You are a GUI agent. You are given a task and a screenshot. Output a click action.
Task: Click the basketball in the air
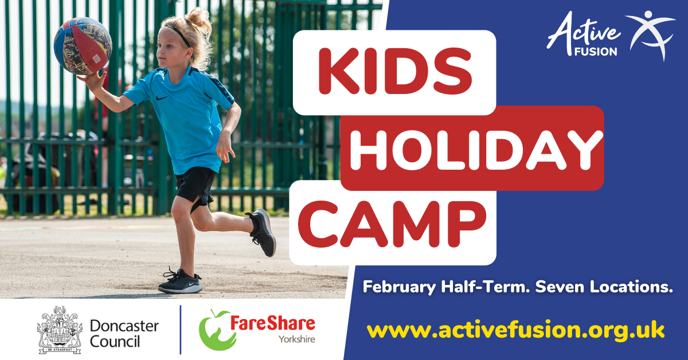coord(83,46)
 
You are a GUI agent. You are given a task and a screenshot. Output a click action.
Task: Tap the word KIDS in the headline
coord(395,71)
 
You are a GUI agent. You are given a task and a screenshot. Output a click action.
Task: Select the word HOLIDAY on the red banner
coord(476,150)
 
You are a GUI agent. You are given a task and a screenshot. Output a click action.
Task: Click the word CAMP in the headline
coord(392,224)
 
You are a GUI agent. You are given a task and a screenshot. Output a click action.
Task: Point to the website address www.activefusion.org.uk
coord(515,330)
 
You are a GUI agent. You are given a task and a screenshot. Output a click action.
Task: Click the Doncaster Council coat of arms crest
coord(60,330)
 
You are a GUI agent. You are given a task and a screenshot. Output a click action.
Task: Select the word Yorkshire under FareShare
coord(297,339)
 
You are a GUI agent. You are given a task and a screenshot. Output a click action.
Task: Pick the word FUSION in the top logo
coord(596,52)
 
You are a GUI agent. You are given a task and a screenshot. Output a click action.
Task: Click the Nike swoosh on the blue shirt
coord(162,98)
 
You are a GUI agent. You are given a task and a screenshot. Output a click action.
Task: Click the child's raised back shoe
coord(262,232)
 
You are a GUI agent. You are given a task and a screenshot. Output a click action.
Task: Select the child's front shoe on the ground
coord(180,281)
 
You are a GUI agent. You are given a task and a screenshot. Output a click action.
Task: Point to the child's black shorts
coord(196,188)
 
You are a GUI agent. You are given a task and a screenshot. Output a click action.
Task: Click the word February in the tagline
coord(399,287)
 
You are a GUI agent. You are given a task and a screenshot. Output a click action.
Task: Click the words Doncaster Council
coord(124,334)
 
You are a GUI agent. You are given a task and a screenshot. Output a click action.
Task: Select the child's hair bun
coord(198,18)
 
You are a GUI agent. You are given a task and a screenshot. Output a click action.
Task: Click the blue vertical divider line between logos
coord(180,330)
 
